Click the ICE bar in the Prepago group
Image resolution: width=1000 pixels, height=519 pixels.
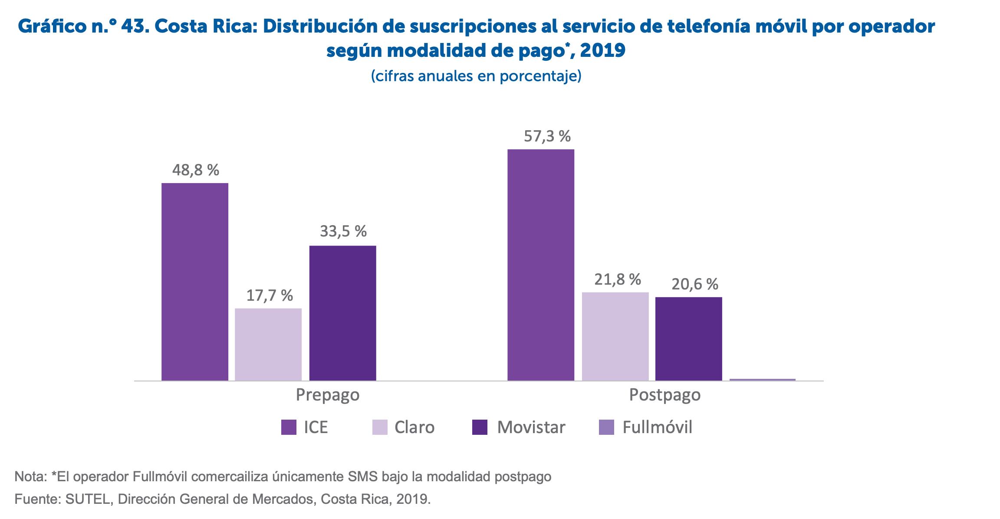tap(195, 282)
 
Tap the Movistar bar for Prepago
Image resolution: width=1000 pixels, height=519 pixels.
tap(342, 313)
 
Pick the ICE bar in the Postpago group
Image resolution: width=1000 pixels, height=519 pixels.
tap(541, 265)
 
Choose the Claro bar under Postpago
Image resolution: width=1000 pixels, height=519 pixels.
tap(615, 336)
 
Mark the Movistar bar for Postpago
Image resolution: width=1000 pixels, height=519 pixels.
tap(688, 338)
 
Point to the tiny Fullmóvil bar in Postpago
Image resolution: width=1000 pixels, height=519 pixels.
tap(763, 379)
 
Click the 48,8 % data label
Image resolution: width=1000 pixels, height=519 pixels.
tap(195, 170)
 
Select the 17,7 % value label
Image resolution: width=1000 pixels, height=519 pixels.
tap(270, 295)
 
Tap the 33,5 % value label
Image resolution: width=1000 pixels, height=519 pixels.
tap(343, 231)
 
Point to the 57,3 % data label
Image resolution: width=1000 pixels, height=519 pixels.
tap(547, 136)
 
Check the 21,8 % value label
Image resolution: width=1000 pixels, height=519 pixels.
tap(617, 279)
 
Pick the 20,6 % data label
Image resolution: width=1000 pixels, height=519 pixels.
tap(694, 284)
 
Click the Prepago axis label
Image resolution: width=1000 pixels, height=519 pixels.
tap(328, 395)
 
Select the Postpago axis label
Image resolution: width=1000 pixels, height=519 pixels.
tap(665, 395)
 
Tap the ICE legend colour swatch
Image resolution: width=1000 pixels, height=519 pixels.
tap(289, 427)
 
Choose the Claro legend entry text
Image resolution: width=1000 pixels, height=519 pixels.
tap(414, 427)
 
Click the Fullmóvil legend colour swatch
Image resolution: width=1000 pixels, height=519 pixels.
tap(606, 427)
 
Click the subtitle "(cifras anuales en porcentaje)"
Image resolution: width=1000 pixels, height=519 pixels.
tap(476, 76)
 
